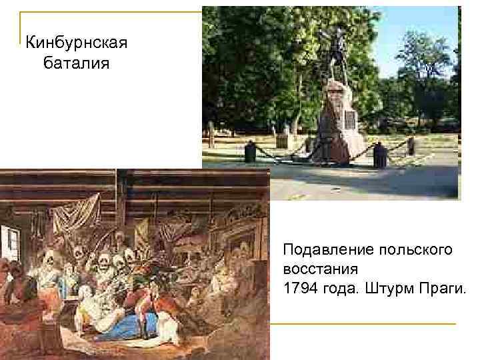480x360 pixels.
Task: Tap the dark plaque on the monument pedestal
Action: (x=349, y=121)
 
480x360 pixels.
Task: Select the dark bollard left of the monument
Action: (x=251, y=151)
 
